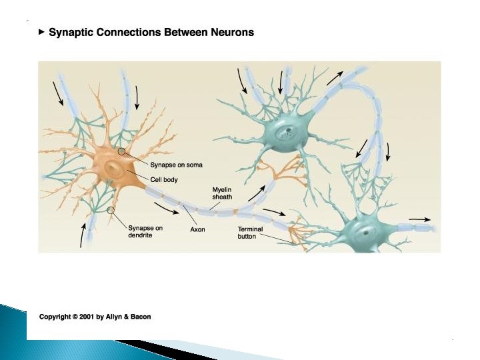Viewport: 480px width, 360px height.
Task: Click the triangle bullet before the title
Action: [42, 32]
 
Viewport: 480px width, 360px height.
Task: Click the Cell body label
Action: [164, 179]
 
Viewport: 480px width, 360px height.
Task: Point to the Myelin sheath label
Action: [222, 193]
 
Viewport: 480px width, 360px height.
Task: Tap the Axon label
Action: [197, 230]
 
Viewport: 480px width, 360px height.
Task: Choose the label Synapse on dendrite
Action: [145, 231]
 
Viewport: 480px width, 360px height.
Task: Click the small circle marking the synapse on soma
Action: [121, 151]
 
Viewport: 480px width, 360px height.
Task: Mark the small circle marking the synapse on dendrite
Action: [111, 211]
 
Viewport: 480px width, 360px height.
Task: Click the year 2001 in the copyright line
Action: [85, 317]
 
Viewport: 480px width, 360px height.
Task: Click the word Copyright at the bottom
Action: [55, 317]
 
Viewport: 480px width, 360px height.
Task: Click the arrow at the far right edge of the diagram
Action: [419, 218]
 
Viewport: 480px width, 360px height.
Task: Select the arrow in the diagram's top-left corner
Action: [59, 95]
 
